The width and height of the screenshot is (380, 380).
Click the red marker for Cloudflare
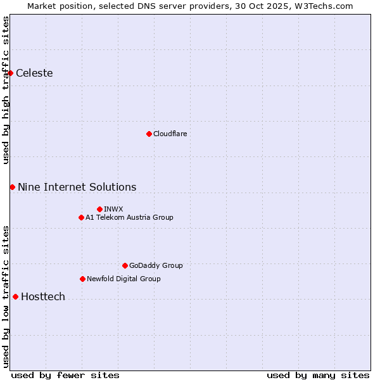pyautogui.click(x=149, y=134)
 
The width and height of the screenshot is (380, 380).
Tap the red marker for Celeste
pyautogui.click(x=11, y=73)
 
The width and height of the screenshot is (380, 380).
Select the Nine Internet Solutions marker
pyautogui.click(x=12, y=187)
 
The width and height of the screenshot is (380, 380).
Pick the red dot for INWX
pyautogui.click(x=99, y=209)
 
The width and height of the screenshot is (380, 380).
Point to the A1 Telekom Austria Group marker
pyautogui.click(x=81, y=217)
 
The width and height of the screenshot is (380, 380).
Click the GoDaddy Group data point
pyautogui.click(x=125, y=265)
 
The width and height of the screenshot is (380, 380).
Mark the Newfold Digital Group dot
pyautogui.click(x=82, y=279)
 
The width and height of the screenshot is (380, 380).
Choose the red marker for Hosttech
pyautogui.click(x=15, y=296)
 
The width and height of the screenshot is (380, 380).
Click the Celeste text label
pyautogui.click(x=34, y=73)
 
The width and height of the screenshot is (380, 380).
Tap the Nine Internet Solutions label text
pyautogui.click(x=77, y=187)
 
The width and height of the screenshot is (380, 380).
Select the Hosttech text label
pyautogui.click(x=43, y=296)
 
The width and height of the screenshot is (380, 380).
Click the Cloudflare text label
pyautogui.click(x=170, y=134)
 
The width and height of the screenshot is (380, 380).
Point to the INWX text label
pyautogui.click(x=113, y=209)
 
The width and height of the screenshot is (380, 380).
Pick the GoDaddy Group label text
pyautogui.click(x=156, y=265)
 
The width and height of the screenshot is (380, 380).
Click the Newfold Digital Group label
pyautogui.click(x=123, y=279)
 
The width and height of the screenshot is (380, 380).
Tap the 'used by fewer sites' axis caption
pyautogui.click(x=65, y=375)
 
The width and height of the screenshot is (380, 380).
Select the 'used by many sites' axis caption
pyautogui.click(x=318, y=375)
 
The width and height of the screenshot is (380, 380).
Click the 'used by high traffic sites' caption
pyautogui.click(x=6, y=90)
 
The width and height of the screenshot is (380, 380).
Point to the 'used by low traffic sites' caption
pyautogui.click(x=6, y=296)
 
